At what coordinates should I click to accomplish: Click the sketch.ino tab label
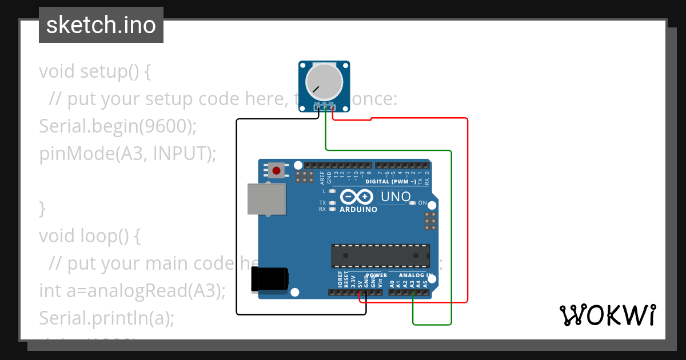[x=101, y=25]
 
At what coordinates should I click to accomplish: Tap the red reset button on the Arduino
[x=277, y=170]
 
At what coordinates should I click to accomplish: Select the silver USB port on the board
[x=266, y=199]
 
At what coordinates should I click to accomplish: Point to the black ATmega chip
[x=381, y=255]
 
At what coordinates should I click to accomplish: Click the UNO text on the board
[x=396, y=197]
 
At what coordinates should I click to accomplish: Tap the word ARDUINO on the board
[x=358, y=210]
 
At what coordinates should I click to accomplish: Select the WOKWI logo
[x=608, y=315]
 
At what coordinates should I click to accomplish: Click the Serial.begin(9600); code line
[x=118, y=126]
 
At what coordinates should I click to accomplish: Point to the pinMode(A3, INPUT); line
[x=127, y=154]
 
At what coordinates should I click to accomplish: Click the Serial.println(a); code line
[x=106, y=318]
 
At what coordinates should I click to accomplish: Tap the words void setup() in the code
[x=89, y=71]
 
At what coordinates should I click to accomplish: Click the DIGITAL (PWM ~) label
[x=394, y=182]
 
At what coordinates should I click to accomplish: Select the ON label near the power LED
[x=422, y=203]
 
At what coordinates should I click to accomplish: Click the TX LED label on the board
[x=322, y=203]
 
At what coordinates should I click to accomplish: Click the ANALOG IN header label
[x=416, y=275]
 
